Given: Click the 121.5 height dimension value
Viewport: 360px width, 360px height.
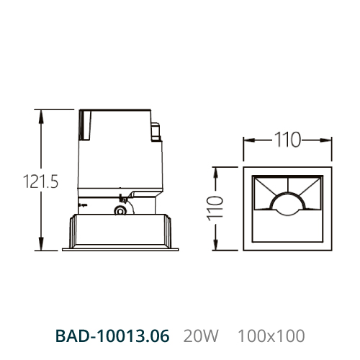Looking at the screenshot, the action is pyautogui.click(x=40, y=181).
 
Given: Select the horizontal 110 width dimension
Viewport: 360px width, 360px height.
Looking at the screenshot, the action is pyautogui.click(x=287, y=140).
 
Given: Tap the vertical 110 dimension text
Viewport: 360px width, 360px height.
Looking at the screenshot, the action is pyautogui.click(x=215, y=208).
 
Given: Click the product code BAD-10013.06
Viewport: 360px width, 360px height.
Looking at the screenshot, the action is pyautogui.click(x=112, y=336).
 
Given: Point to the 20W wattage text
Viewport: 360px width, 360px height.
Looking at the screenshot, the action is pyautogui.click(x=201, y=336).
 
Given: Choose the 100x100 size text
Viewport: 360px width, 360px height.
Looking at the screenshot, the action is pyautogui.click(x=271, y=336).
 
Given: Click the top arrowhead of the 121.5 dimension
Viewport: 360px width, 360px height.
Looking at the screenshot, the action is pyautogui.click(x=41, y=117).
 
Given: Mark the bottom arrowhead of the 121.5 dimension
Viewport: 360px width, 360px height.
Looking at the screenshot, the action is pyautogui.click(x=41, y=243).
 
